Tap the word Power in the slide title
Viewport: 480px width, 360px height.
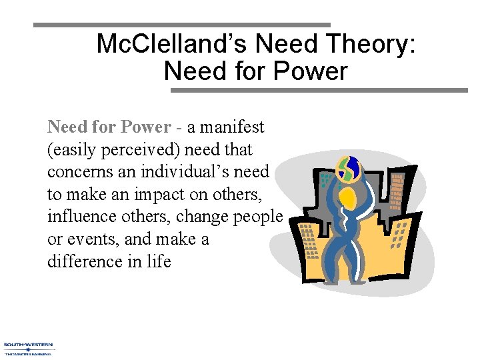click(x=313, y=71)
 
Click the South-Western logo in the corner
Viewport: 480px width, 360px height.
click(x=29, y=348)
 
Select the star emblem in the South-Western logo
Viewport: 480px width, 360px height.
click(x=28, y=348)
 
